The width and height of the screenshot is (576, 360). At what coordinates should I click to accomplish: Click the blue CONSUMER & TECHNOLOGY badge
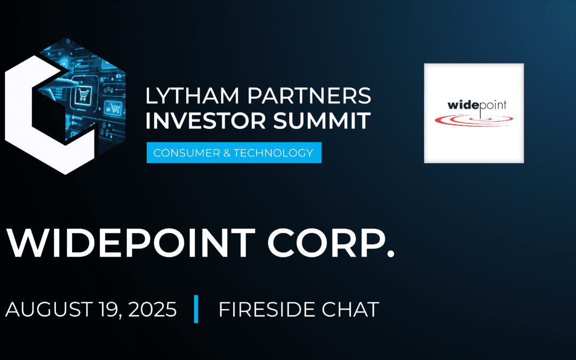(x=234, y=153)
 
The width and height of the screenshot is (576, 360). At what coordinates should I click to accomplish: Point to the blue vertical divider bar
(x=196, y=309)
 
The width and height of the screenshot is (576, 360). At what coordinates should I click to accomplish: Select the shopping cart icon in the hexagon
(x=83, y=96)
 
